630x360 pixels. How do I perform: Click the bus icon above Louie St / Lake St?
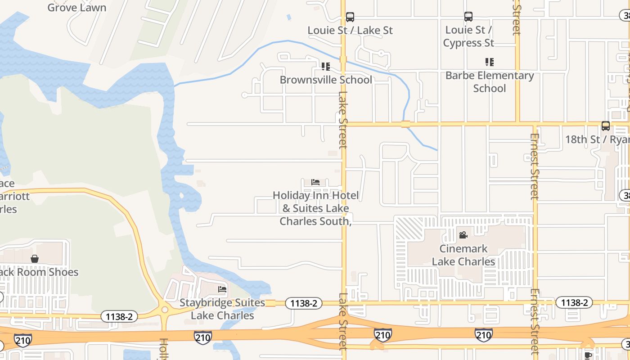(350, 17)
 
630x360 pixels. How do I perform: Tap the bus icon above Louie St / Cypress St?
(468, 17)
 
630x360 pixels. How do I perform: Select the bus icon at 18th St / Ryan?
(606, 126)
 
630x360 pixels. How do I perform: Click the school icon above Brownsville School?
(326, 67)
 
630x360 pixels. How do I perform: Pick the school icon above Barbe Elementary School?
(489, 62)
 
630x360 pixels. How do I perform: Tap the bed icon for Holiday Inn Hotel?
(315, 182)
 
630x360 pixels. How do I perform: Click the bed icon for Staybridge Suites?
(222, 289)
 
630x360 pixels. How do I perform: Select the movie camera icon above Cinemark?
(463, 235)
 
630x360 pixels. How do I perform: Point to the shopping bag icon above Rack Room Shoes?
(35, 259)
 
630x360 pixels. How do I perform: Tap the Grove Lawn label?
(77, 8)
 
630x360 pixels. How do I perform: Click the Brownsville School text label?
(326, 80)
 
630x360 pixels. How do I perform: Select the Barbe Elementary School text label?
(489, 81)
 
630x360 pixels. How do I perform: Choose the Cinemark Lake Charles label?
(463, 255)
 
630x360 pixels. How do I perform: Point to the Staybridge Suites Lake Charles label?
(222, 309)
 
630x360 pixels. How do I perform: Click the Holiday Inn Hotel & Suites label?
(315, 208)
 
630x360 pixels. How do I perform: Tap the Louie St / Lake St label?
(350, 30)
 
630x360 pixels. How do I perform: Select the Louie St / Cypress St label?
(468, 36)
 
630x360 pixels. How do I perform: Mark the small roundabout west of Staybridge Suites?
(165, 310)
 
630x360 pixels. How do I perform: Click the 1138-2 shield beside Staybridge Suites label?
(304, 303)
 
